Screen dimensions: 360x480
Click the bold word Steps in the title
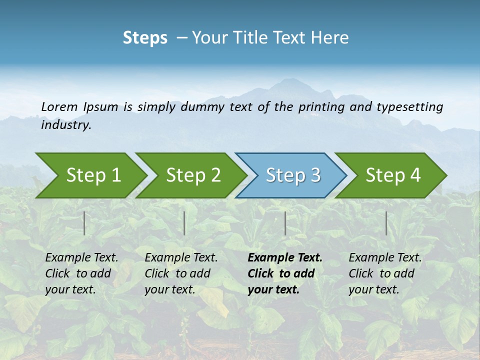[145, 38]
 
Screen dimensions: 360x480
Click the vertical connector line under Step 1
[84, 223]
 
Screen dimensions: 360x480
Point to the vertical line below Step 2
[184, 223]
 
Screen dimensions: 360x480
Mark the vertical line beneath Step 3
[285, 223]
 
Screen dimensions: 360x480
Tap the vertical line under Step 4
[386, 223]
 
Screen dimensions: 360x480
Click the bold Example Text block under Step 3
[285, 273]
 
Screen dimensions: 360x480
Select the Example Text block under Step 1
[82, 273]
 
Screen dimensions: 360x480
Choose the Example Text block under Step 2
[181, 273]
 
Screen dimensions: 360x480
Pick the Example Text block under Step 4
[385, 273]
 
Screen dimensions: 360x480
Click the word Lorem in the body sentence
[59, 106]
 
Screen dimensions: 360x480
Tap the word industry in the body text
[66, 125]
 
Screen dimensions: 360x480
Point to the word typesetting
[409, 107]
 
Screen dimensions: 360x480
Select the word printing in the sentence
[318, 107]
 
